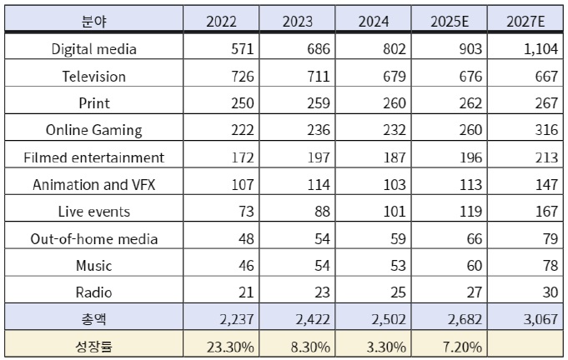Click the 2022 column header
(221, 21)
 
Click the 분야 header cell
(93, 21)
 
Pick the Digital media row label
(93, 49)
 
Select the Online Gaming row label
(93, 130)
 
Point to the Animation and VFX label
(93, 184)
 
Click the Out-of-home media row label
(93, 239)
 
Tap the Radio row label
(93, 292)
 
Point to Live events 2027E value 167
(545, 212)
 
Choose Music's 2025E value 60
(474, 266)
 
